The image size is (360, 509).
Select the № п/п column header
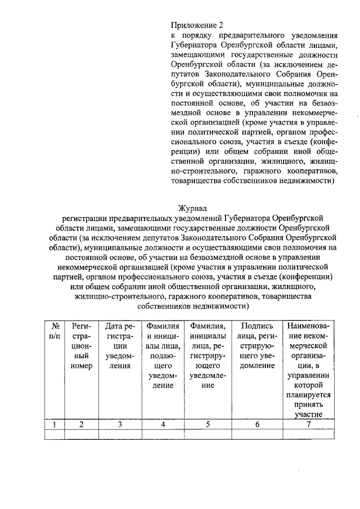pos(55,330)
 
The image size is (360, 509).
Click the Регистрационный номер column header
pos(81,345)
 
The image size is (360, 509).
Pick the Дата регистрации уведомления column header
pos(119,345)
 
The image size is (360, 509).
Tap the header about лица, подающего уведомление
pos(163,355)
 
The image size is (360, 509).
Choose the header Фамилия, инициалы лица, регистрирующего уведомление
pos(208,355)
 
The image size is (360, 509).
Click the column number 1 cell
pos(55,425)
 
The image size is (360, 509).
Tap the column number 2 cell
pos(81,425)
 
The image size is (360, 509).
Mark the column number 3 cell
pos(119,425)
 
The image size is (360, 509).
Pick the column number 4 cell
pos(163,425)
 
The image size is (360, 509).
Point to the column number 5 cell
pos(208,425)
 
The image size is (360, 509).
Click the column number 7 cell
pos(308,425)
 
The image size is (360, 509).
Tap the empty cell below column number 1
pos(55,434)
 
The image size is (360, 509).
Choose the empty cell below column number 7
pos(308,434)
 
